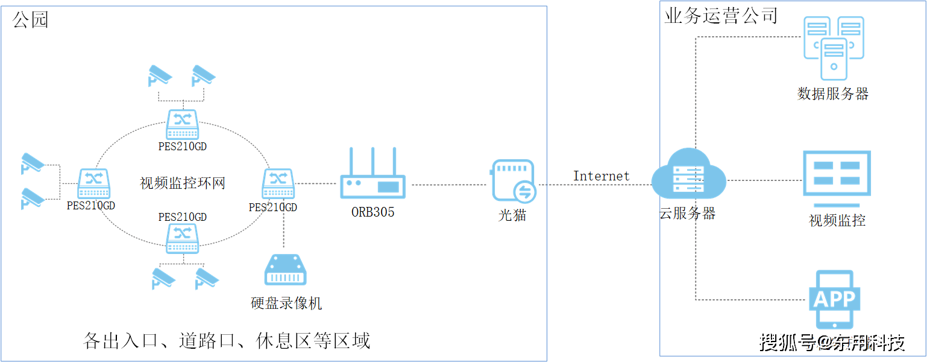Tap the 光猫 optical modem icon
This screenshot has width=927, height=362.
coord(513,180)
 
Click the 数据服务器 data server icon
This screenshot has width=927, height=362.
coord(834,48)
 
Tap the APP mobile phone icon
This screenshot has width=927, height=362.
coord(834,299)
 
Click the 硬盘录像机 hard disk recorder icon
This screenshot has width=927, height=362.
coord(286,270)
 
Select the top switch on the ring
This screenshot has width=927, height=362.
coord(182,125)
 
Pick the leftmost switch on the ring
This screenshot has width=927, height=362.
coord(93,184)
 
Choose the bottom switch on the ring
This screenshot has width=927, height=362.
coord(182,238)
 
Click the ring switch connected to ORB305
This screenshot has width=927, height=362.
coord(278,184)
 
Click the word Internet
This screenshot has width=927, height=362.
coord(601,176)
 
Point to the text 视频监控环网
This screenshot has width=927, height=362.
coord(182,183)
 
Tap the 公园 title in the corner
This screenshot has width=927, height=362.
coord(30,20)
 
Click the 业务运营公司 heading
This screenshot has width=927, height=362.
coord(721,16)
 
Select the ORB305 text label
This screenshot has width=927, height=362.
coord(372,212)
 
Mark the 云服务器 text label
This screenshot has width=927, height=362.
coord(688,213)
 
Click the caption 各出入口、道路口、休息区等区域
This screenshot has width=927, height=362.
coord(227,341)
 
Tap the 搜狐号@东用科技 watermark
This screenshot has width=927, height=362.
coord(832,343)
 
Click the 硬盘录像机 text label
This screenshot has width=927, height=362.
coord(286,302)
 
